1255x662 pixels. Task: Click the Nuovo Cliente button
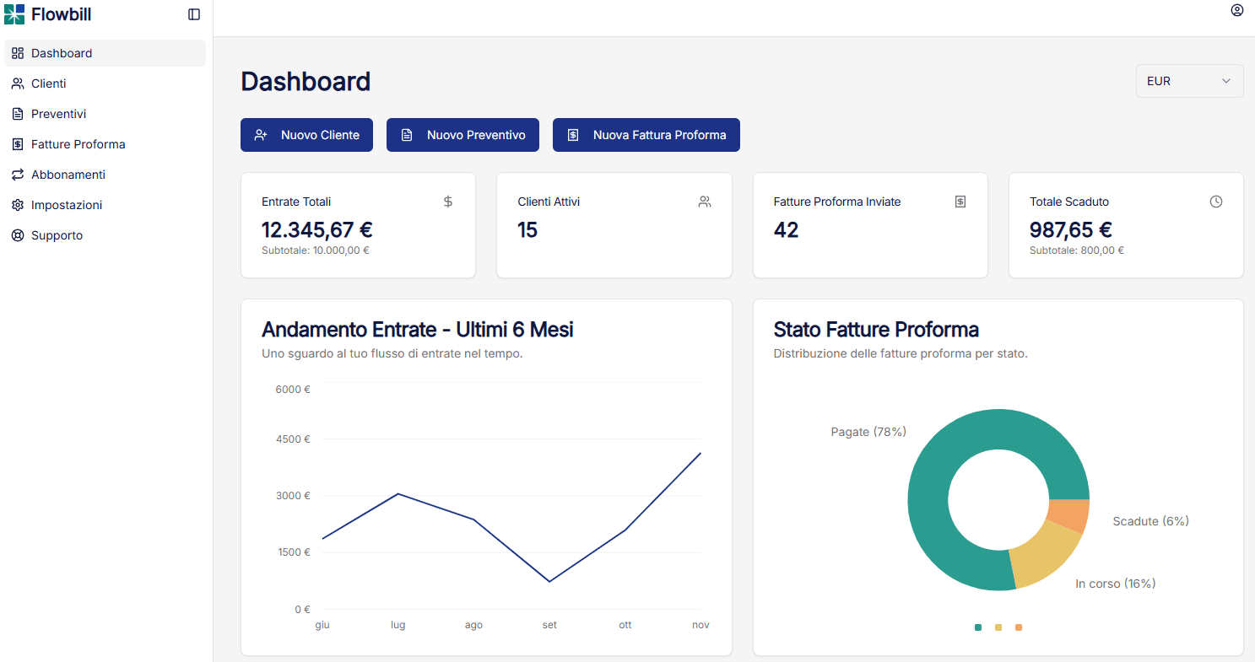point(306,135)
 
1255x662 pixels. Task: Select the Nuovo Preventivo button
point(463,135)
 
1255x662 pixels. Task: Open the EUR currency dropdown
point(1189,81)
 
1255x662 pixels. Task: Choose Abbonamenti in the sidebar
point(68,175)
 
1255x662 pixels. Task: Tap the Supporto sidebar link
point(57,235)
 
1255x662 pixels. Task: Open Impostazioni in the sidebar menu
point(66,205)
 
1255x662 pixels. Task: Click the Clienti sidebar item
point(48,83)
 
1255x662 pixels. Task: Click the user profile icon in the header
point(1236,11)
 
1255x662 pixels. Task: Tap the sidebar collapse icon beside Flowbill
point(194,14)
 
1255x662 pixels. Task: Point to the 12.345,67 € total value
point(317,229)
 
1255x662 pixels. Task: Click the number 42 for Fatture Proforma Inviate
point(786,229)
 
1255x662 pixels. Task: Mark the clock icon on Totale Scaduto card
point(1215,202)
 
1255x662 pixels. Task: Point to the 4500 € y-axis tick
point(293,439)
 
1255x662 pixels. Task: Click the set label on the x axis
point(549,625)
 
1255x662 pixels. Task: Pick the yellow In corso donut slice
point(1043,557)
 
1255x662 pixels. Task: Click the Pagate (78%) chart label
point(868,432)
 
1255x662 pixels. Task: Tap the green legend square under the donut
point(978,627)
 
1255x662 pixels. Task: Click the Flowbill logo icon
point(14,14)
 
